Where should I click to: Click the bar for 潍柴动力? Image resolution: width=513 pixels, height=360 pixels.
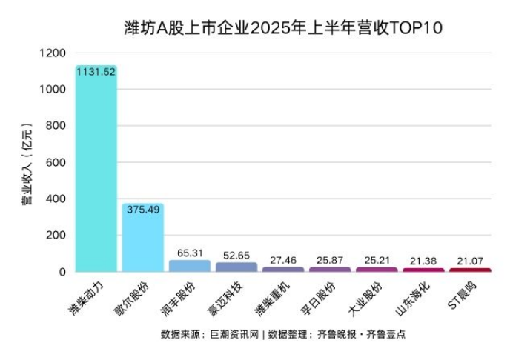click(96, 170)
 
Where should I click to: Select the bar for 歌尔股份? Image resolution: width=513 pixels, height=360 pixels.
click(142, 239)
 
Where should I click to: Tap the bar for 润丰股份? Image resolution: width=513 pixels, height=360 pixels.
click(189, 265)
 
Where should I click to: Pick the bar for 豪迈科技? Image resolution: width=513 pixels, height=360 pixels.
click(236, 267)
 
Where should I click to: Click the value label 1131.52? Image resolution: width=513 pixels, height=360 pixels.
click(96, 71)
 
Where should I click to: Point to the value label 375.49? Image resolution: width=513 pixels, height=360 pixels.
click(142, 210)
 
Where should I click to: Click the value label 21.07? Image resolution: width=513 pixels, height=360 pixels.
click(470, 261)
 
